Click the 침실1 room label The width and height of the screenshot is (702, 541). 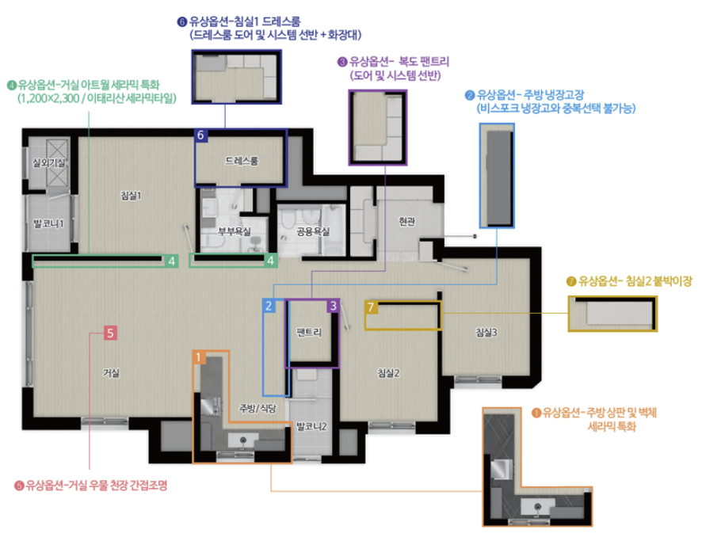131,196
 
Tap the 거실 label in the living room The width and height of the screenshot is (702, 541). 111,373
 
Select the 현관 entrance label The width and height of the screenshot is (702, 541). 407,221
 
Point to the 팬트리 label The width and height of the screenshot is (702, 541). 309,332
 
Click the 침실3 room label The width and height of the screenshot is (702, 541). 486,332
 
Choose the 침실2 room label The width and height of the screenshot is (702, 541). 388,373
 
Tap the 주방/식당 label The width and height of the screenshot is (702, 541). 258,408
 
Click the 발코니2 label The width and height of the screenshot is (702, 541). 311,426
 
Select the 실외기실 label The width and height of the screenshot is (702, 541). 48,162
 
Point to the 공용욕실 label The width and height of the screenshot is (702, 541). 313,231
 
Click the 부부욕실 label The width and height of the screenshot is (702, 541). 235,231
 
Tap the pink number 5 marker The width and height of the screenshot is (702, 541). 110,333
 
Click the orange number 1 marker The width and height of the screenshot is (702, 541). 199,357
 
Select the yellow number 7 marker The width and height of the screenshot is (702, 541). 371,307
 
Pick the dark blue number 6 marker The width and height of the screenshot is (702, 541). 200,135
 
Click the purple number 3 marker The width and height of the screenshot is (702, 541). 333,306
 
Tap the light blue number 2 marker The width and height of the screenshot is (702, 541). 269,306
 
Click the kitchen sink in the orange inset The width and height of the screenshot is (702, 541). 538,507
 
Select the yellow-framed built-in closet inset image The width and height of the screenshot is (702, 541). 612,313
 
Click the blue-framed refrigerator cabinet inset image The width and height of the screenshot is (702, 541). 497,176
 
